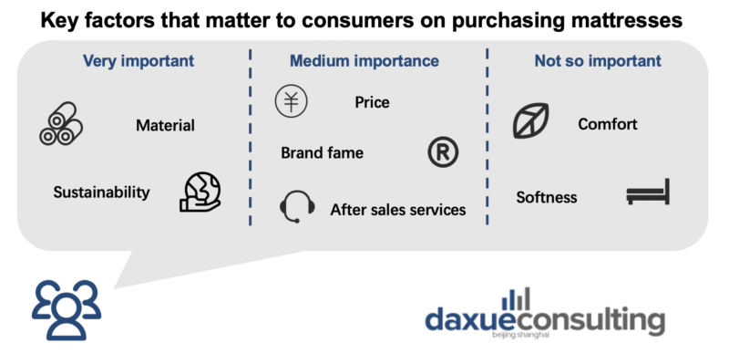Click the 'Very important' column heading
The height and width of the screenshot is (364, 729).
(x=139, y=61)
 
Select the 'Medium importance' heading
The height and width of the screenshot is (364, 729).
(x=364, y=61)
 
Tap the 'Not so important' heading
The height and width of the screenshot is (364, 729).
(x=598, y=61)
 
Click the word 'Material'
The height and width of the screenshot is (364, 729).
(x=165, y=125)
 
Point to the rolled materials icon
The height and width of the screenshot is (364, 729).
(x=61, y=123)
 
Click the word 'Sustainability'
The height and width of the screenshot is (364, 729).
(x=102, y=192)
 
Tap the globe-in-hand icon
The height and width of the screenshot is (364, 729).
(x=200, y=192)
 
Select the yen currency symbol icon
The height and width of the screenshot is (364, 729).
(x=291, y=101)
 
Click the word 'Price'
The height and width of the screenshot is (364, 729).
(x=372, y=102)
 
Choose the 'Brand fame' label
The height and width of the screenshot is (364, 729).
(x=323, y=152)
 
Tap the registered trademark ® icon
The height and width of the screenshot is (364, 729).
(x=443, y=152)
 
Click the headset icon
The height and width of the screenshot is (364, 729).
(x=297, y=206)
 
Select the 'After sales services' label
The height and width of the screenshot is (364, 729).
(x=398, y=210)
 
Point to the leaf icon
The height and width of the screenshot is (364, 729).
(x=530, y=121)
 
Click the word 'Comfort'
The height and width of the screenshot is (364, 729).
(x=608, y=124)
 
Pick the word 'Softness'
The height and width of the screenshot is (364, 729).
(x=546, y=197)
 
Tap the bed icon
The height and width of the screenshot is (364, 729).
(x=648, y=192)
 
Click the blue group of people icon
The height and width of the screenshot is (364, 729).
(x=67, y=308)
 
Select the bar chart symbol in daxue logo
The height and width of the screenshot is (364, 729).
(x=517, y=299)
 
